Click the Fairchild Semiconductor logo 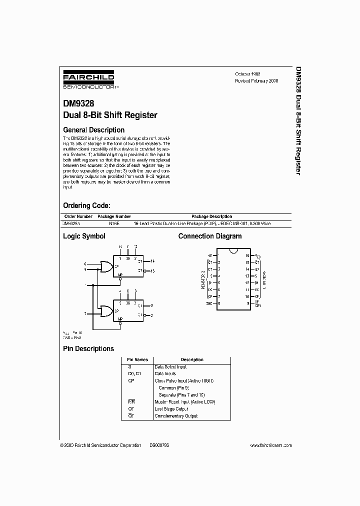coord(90,80)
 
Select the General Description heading coord(93,130)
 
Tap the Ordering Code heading coord(86,205)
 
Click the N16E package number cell coord(114,223)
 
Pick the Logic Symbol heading coord(84,236)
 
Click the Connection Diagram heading coord(210,236)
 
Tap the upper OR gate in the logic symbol coord(106,267)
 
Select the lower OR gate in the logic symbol coord(106,311)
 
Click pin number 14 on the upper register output coord(152,261)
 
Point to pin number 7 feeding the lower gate coord(85,313)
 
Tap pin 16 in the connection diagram coord(247,255)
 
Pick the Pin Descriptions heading coord(88,348)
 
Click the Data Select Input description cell coord(170,366)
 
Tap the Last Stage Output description coord(171,408)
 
